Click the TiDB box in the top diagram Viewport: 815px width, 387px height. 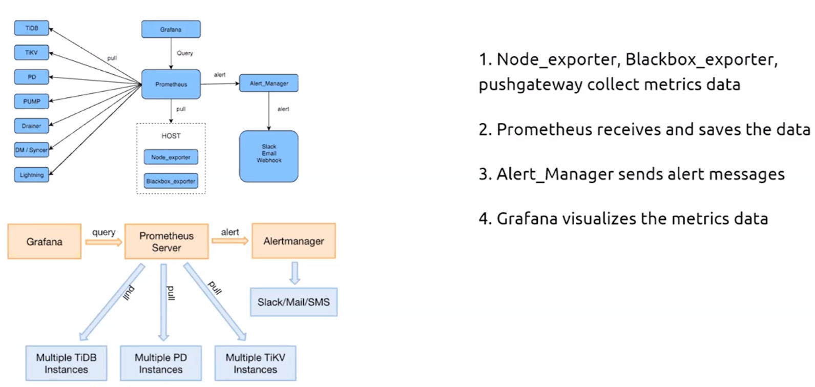31,28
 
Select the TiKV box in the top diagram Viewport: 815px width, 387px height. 31,52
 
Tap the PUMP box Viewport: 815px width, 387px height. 31,101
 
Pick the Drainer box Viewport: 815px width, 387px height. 31,126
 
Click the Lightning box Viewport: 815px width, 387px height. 31,175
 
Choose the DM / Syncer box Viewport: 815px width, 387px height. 31,150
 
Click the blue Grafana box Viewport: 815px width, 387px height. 171,29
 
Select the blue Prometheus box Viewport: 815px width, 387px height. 171,84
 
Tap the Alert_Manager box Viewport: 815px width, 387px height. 268,83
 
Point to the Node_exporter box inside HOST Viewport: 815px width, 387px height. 171,157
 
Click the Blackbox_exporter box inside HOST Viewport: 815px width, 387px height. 171,181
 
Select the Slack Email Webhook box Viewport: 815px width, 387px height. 268,156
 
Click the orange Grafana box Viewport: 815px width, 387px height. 44,241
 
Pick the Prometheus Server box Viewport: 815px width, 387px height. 166,241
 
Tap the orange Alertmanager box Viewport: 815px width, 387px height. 294,241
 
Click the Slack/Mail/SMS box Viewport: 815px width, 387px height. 294,302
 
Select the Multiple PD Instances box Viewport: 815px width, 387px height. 160,363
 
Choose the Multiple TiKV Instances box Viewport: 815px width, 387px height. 255,363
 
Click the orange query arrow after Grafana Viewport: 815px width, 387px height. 103,241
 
